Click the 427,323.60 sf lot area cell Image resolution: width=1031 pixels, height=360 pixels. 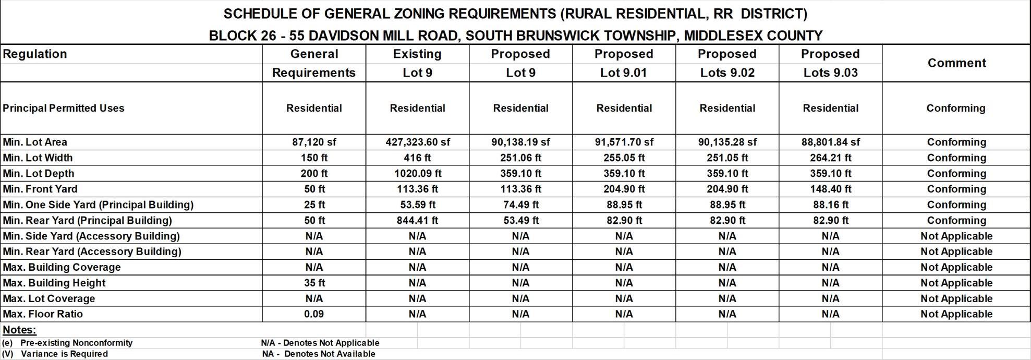point(417,142)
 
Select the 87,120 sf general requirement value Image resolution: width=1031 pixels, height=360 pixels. point(314,142)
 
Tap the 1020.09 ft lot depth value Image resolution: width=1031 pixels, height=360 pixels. point(417,173)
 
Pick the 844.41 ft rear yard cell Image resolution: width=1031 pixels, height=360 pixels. point(417,220)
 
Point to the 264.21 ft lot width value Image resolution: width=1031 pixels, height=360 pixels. point(830,158)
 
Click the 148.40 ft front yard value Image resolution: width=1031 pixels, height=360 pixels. point(830,189)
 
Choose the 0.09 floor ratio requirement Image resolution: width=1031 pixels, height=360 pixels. point(314,314)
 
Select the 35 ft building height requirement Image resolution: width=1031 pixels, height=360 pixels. point(314,283)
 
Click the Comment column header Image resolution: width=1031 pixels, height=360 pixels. point(956,63)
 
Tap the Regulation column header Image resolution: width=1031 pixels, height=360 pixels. point(35,54)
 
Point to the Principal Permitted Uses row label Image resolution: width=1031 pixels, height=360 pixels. point(64,108)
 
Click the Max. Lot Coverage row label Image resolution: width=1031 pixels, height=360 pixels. point(49,298)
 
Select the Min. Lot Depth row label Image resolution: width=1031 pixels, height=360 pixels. point(39,173)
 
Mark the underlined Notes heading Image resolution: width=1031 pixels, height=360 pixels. point(19,330)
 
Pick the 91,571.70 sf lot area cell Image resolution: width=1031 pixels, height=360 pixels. point(624,142)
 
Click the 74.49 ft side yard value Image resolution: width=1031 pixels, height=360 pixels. point(520,205)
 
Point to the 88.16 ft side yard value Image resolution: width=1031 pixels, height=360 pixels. point(830,205)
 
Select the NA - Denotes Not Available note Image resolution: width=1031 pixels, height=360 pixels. point(319,354)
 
